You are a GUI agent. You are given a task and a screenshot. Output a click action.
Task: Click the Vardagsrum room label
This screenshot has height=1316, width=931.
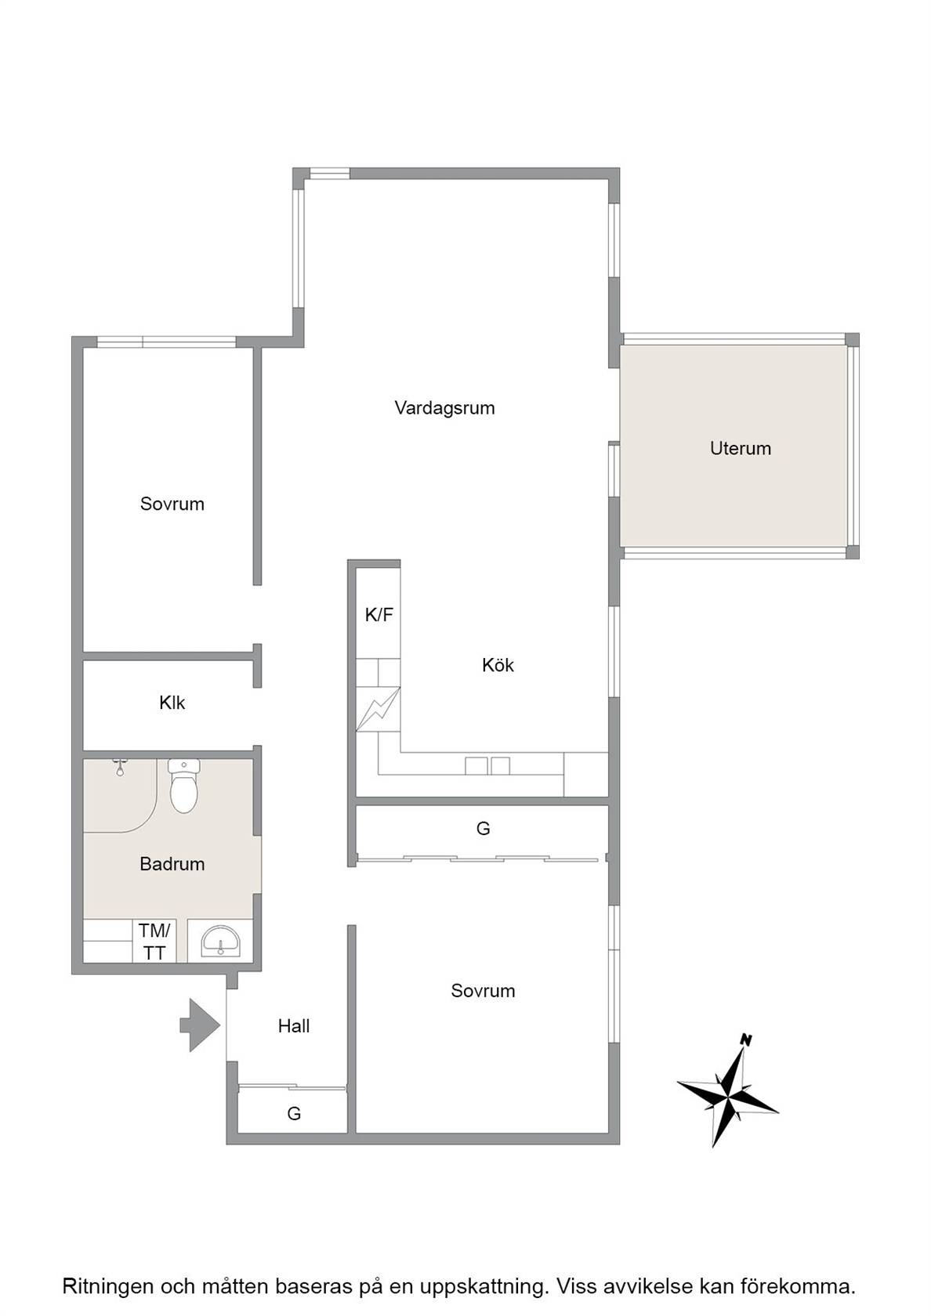444,408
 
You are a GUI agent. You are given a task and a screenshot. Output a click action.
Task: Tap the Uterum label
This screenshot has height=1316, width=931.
740,448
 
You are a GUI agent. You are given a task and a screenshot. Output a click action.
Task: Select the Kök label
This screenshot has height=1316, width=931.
498,665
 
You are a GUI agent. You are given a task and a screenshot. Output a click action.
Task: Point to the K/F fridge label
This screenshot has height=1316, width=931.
379,615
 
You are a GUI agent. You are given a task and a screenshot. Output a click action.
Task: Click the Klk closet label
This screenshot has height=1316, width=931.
172,703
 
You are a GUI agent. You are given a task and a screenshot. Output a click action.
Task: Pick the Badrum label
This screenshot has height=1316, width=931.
172,863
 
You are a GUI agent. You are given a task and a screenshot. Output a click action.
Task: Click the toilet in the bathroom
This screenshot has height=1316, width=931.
184,786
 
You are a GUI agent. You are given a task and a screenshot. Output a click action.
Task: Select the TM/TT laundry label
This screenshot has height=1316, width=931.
154,942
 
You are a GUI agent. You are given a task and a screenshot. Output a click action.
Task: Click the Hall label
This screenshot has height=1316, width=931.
294,1026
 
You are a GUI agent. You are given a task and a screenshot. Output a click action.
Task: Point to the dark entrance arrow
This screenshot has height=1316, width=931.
200,1025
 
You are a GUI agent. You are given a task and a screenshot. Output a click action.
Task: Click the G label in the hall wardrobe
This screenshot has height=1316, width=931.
294,1113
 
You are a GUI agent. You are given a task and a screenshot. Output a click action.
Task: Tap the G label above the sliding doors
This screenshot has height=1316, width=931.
483,829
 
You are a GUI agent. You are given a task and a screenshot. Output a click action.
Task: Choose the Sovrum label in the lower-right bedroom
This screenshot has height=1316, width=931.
483,990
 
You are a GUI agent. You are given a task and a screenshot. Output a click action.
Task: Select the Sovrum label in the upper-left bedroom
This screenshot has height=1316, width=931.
172,504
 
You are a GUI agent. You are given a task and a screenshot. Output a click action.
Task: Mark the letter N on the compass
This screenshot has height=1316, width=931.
746,1041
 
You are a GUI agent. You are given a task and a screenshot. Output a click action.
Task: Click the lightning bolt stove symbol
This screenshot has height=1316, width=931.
378,709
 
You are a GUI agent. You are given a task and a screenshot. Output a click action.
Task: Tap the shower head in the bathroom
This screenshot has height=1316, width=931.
120,767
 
